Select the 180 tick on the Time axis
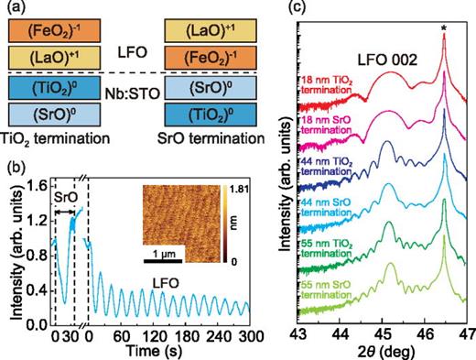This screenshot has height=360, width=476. click(187, 335)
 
